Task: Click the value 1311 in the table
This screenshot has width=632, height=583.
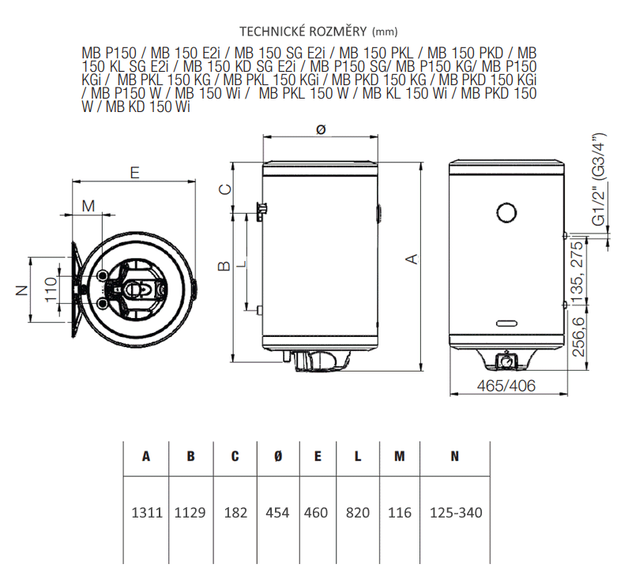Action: click(x=147, y=513)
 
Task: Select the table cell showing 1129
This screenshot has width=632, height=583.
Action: click(x=190, y=513)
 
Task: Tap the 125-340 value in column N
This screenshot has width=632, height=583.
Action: click(x=456, y=513)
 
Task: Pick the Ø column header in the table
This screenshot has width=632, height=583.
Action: click(x=278, y=456)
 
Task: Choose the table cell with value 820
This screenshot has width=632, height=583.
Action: click(x=358, y=513)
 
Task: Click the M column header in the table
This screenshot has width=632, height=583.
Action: click(x=400, y=456)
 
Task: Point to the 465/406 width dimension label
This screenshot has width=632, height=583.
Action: click(x=506, y=386)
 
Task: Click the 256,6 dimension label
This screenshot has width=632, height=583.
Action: click(x=578, y=337)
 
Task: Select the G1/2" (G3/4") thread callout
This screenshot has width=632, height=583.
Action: click(x=599, y=179)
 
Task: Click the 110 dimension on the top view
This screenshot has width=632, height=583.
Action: click(x=51, y=289)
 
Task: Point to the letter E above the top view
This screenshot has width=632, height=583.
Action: click(x=134, y=173)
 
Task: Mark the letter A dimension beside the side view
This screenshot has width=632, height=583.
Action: click(x=412, y=259)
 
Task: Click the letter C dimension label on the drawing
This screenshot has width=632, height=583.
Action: click(x=225, y=189)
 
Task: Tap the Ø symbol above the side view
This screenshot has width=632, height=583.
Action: click(x=321, y=129)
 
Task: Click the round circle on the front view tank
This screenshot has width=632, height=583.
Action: click(x=506, y=212)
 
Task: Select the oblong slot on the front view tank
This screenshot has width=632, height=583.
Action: click(x=507, y=323)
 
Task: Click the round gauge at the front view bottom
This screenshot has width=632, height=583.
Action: click(x=506, y=361)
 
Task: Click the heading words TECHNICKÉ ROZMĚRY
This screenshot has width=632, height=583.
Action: click(x=303, y=32)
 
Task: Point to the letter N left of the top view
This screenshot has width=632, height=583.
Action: click(x=23, y=290)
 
